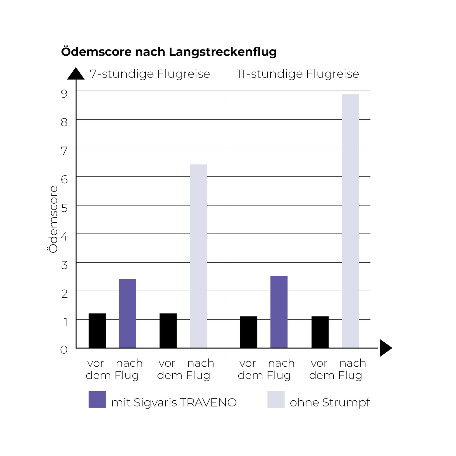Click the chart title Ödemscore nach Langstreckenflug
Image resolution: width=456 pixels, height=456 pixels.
coord(169,52)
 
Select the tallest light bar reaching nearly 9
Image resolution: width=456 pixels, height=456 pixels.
coord(350,221)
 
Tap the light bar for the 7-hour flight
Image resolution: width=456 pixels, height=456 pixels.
coord(198,256)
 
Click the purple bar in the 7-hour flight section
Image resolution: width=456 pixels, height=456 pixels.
coord(127,313)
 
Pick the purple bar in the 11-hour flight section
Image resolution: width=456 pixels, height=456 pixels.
coord(279,312)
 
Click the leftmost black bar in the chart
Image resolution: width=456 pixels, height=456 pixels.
coord(97,330)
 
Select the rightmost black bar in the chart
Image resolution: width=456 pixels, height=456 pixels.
coord(320,332)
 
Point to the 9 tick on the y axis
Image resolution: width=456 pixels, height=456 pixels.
coord(64,93)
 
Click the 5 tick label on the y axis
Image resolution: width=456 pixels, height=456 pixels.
coord(64,208)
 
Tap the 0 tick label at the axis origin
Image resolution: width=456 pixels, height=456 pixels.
coord(64,350)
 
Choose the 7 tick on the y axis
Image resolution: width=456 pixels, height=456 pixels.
coord(64,151)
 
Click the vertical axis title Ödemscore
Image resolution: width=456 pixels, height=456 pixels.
coord(53,219)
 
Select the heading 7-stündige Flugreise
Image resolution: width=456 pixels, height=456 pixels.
coord(150,74)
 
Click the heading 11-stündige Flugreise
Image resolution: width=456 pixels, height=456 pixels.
coord(298,74)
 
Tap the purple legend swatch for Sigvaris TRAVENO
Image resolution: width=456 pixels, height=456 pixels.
coord(97,399)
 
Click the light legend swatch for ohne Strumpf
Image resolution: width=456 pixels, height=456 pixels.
coord(276,399)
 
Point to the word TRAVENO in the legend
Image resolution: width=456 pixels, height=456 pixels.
coord(208,402)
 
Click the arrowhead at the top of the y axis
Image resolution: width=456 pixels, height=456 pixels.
coord(76,74)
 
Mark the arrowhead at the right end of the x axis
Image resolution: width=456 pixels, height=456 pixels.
coord(385,348)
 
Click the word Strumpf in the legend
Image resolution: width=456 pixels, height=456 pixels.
coord(346,402)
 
